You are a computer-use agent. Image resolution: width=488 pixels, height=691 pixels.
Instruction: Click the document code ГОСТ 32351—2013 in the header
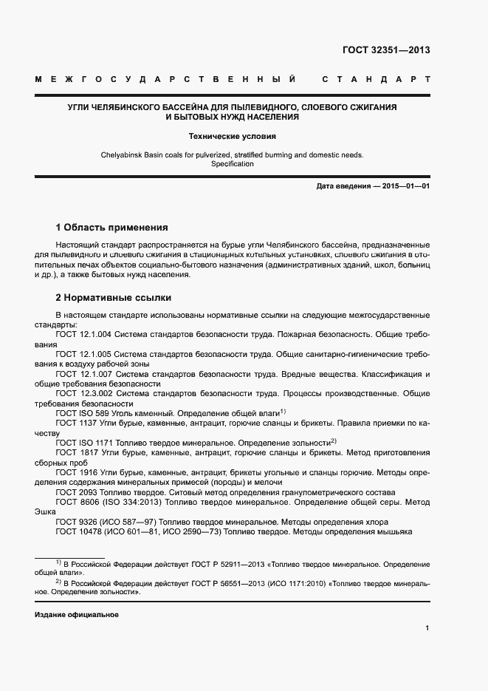(x=386, y=51)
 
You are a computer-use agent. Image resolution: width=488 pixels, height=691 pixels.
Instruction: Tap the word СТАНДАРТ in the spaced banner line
(x=377, y=78)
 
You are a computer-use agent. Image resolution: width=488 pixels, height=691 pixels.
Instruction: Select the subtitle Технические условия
(x=233, y=136)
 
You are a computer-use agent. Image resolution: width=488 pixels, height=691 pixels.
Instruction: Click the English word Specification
(x=233, y=164)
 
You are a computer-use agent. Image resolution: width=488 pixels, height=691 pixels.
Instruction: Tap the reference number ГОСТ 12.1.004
(x=83, y=335)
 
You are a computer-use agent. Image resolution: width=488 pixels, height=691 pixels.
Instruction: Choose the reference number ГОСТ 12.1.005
(x=83, y=354)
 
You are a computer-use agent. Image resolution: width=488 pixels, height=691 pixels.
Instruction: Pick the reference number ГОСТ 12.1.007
(x=83, y=374)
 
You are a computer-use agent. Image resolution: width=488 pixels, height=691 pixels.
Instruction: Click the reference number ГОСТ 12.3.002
(x=83, y=394)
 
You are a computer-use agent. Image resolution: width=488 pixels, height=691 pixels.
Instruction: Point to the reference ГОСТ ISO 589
(x=80, y=413)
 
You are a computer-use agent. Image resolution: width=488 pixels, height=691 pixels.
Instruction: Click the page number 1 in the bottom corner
(x=427, y=628)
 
